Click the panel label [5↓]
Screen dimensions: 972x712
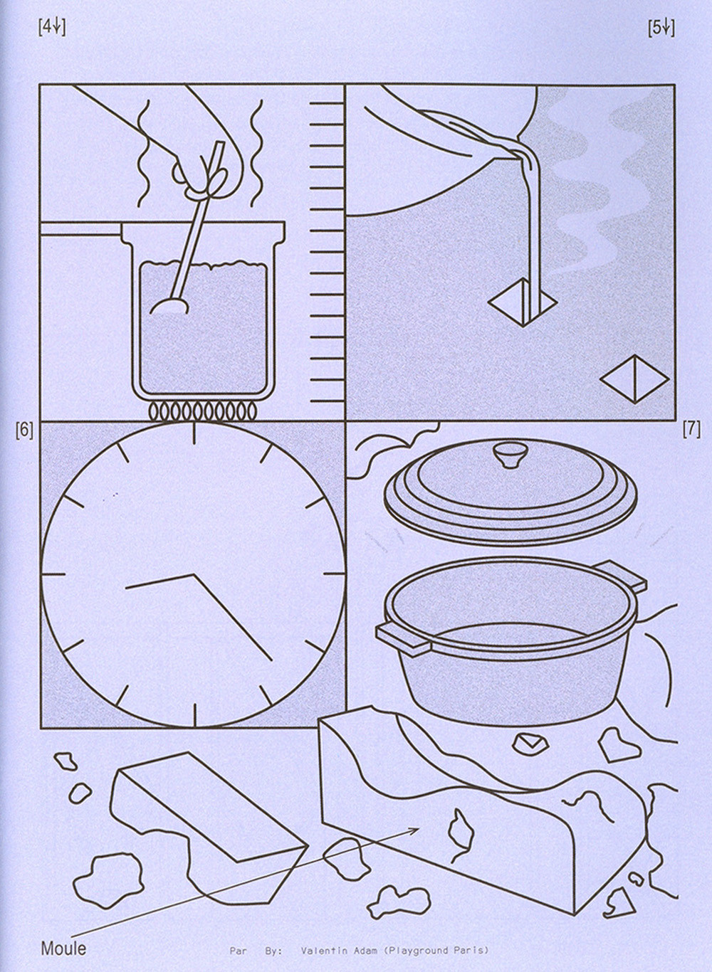[x=661, y=28]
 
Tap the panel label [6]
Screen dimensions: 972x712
[x=24, y=430]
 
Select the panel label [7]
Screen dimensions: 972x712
[x=691, y=430]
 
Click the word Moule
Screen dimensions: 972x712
[x=63, y=949]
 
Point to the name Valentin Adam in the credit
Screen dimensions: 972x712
[x=332, y=950]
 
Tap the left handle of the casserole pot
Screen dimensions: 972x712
[x=403, y=638]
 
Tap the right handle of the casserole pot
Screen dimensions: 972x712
[x=621, y=575]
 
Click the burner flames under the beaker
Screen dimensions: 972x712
[x=202, y=411]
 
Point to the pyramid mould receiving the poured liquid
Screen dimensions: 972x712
[x=522, y=302]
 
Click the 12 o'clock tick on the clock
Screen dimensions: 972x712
[x=194, y=433]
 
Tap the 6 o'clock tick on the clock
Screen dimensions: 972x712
[x=194, y=714]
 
